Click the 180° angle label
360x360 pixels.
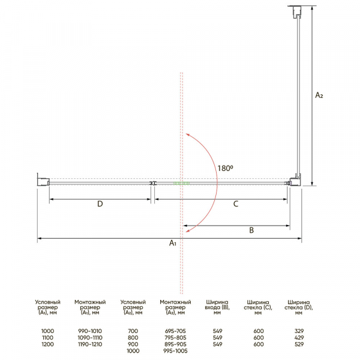(225, 168)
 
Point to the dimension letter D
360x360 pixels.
(100, 203)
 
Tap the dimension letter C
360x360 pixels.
(236, 203)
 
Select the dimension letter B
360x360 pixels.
(251, 230)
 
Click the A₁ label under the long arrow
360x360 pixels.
(173, 242)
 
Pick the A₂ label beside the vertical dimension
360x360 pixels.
(319, 95)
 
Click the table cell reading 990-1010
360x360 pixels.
(90, 331)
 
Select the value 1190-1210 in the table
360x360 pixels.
(90, 344)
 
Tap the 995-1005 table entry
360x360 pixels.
(175, 351)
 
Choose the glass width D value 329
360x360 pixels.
(299, 331)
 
